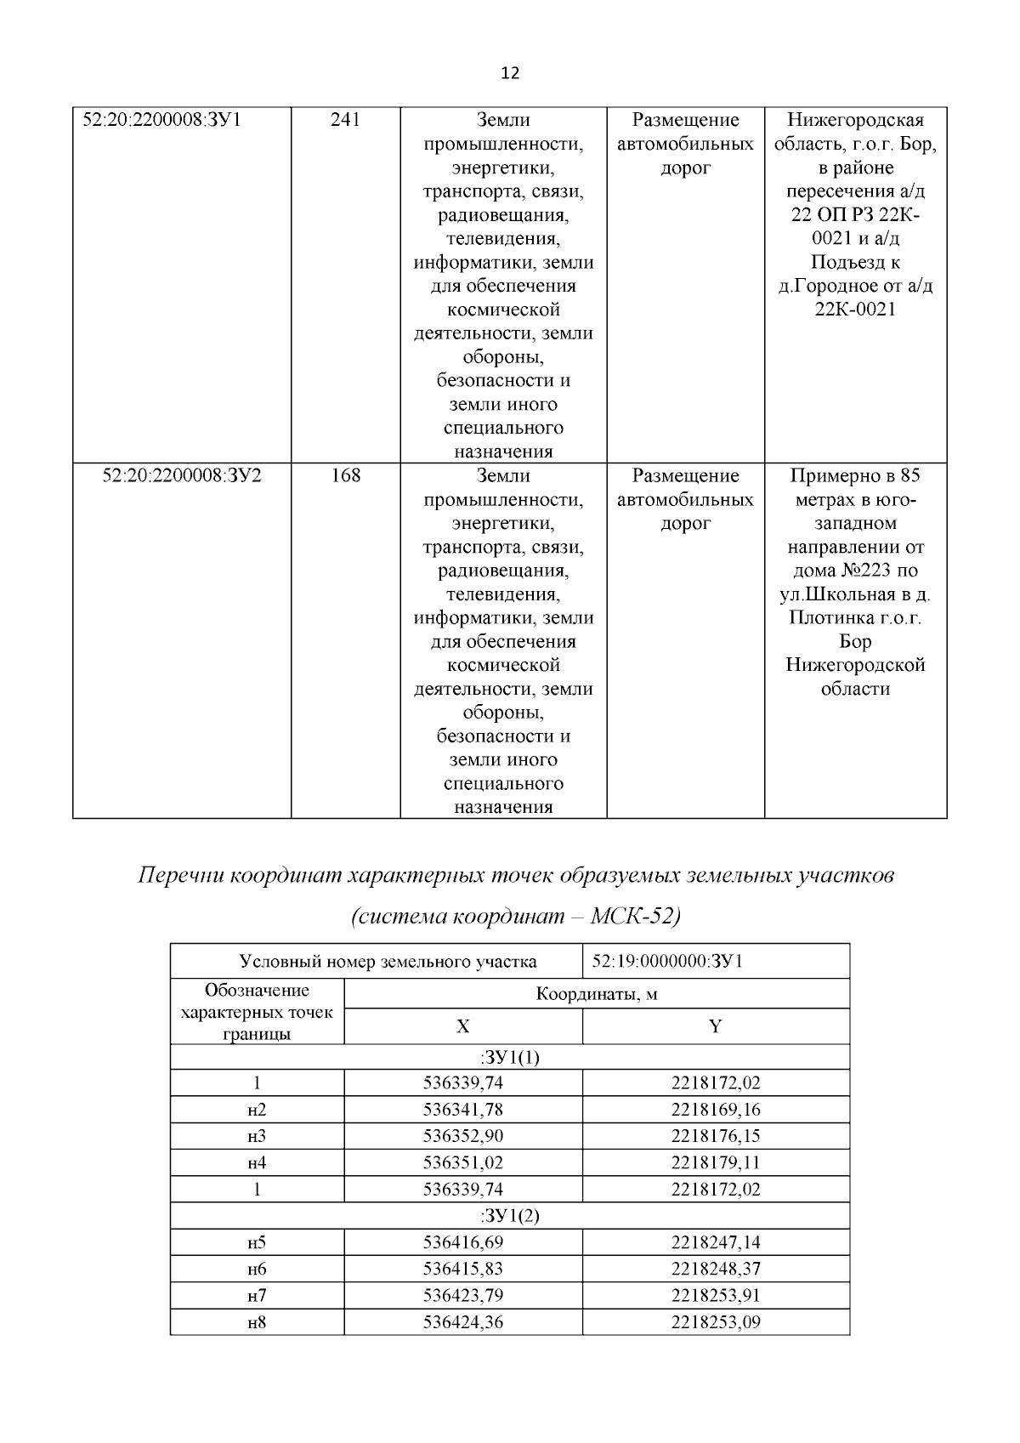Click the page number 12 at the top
[x=510, y=73]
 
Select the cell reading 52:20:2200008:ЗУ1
[x=161, y=120]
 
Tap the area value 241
[x=345, y=120]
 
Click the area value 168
[x=345, y=475]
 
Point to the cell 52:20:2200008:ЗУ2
[x=182, y=475]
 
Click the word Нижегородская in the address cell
[x=855, y=120]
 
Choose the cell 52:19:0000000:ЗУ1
[x=667, y=962]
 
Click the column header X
[x=462, y=1026]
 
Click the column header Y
[x=715, y=1026]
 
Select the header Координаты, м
[x=596, y=993]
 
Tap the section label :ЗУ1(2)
[x=510, y=1216]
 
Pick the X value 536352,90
[x=463, y=1136]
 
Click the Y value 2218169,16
[x=715, y=1110]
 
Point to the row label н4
[x=257, y=1162]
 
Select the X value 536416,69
[x=463, y=1242]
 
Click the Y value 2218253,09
[x=715, y=1322]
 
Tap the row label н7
[x=257, y=1296]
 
